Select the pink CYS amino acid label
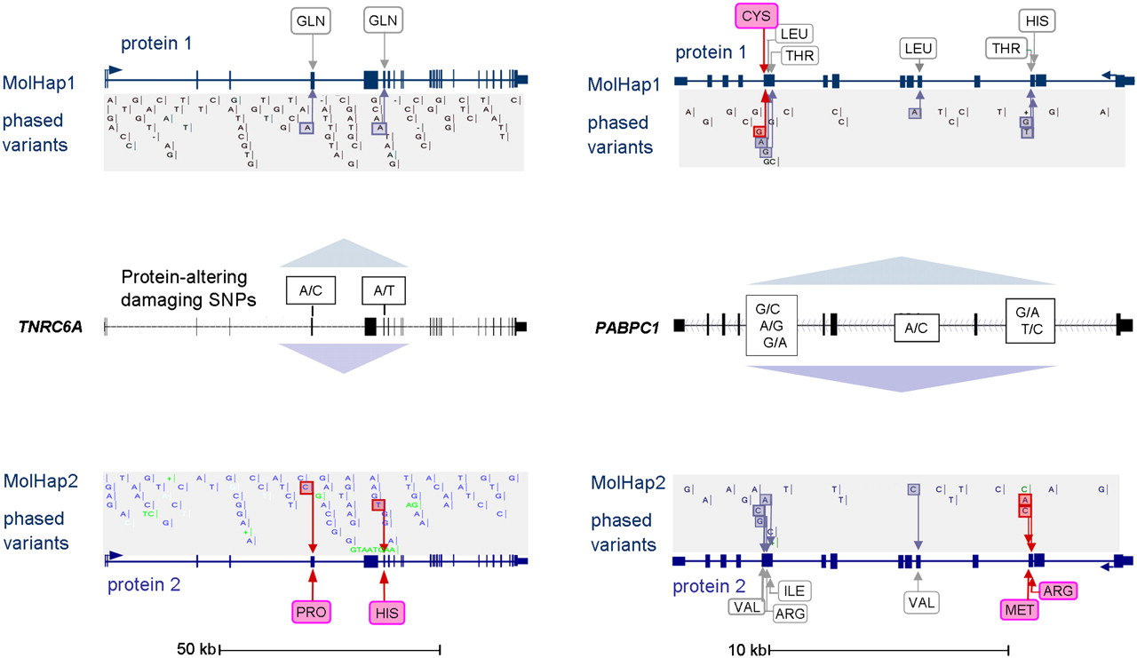[x=756, y=16]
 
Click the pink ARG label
[x=1056, y=591]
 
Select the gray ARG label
[x=789, y=613]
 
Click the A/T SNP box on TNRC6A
[x=384, y=289]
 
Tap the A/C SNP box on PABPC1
[x=916, y=328]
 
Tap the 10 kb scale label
[x=745, y=649]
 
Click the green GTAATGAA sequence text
[x=374, y=551]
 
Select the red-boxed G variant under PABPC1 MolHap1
[x=759, y=131]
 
